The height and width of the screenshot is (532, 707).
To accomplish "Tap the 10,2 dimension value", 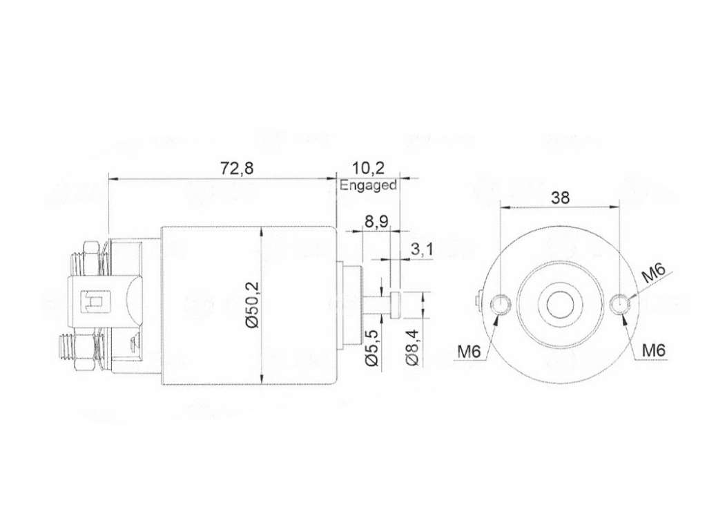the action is (369, 168).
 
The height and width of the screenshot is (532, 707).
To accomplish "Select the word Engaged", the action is (368, 185).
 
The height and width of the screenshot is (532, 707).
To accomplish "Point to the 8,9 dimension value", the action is (376, 222).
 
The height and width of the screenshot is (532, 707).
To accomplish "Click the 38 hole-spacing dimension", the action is (560, 197).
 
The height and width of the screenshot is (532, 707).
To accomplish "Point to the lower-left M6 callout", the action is (469, 350).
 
